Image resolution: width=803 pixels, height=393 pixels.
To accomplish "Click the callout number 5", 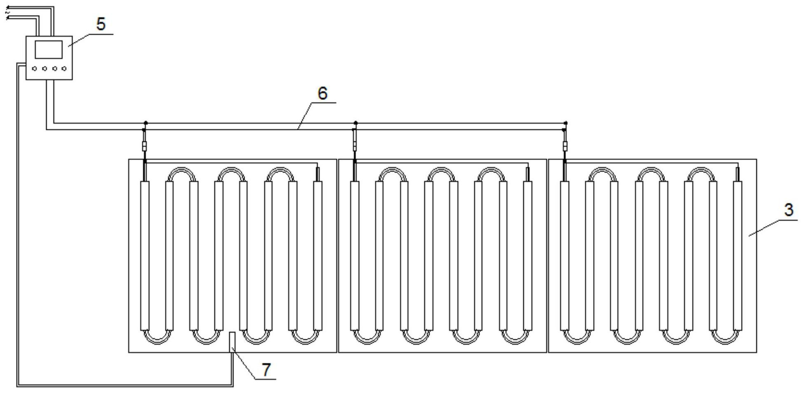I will pyautogui.click(x=101, y=24).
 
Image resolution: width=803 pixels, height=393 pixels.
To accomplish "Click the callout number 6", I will pyautogui.click(x=322, y=93).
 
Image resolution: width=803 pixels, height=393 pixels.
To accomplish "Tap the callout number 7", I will pyautogui.click(x=266, y=369).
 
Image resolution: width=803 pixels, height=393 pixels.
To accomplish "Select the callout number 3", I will pyautogui.click(x=788, y=210).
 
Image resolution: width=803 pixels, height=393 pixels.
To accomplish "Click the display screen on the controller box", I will pyautogui.click(x=49, y=49).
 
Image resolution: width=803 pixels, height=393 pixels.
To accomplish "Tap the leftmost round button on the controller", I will pyautogui.click(x=35, y=68).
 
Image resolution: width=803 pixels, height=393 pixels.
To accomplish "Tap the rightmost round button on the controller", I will pyautogui.click(x=64, y=68).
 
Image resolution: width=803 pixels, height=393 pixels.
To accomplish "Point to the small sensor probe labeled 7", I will pyautogui.click(x=232, y=341).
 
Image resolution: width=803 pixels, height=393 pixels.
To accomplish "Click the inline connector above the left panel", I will pyautogui.click(x=144, y=146).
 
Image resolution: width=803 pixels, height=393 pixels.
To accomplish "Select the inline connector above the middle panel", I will pyautogui.click(x=355, y=146).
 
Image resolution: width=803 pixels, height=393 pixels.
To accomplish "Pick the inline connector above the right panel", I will pyautogui.click(x=565, y=146).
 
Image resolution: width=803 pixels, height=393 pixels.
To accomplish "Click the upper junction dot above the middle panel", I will pyautogui.click(x=356, y=123).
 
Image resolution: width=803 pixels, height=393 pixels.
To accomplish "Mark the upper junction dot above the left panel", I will pyautogui.click(x=146, y=123).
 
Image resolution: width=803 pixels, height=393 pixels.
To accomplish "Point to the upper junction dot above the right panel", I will pyautogui.click(x=566, y=123).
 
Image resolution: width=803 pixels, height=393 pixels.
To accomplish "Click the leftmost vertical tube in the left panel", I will pyautogui.click(x=144, y=256).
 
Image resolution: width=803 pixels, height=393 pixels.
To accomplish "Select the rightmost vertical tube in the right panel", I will pyautogui.click(x=737, y=256).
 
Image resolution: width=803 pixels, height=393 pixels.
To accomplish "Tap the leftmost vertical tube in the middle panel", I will pyautogui.click(x=355, y=256).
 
